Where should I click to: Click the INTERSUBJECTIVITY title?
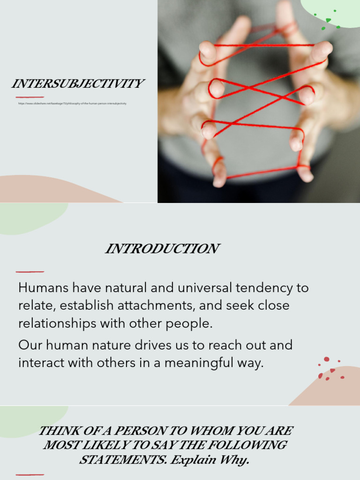[x=77, y=84]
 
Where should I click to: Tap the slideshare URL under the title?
[x=72, y=104]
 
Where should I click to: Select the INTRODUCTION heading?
[x=162, y=249]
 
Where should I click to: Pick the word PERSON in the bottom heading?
[x=142, y=430]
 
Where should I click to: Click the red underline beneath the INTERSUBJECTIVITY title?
[x=30, y=97]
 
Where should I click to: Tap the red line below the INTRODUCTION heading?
[x=30, y=271]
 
